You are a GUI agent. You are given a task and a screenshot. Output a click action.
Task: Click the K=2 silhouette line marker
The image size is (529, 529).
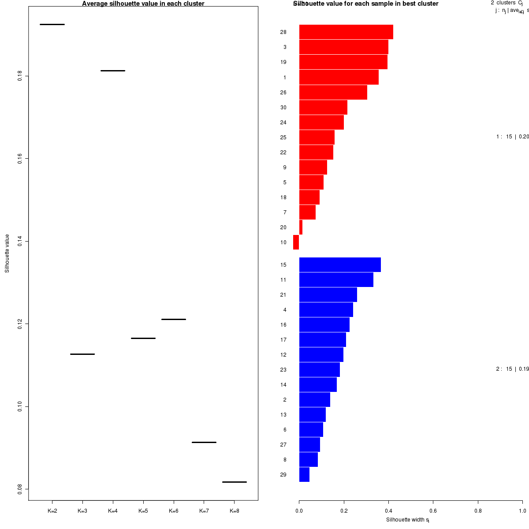(x=52, y=24)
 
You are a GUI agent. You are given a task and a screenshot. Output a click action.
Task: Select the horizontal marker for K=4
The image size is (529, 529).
(x=113, y=71)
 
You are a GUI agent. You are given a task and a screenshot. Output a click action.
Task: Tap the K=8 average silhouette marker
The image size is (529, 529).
(x=234, y=482)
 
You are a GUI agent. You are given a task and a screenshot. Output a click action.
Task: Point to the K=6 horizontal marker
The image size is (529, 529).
(x=174, y=319)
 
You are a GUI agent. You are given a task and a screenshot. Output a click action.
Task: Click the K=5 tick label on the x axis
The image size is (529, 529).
(x=143, y=511)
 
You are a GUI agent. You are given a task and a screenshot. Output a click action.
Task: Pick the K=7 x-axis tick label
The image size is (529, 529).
(x=204, y=511)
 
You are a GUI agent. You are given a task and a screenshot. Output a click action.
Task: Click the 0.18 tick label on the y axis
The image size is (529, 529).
(x=20, y=76)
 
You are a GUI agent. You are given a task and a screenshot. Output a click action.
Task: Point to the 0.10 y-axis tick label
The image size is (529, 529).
(x=20, y=406)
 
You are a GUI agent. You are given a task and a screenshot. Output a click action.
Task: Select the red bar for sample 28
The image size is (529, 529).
(x=346, y=32)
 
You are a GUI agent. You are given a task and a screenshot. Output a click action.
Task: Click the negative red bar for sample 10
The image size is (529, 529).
(x=296, y=242)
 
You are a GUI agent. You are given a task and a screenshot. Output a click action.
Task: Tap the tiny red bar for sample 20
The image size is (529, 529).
(x=301, y=227)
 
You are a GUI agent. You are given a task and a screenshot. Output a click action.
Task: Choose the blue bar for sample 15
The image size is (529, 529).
(x=340, y=265)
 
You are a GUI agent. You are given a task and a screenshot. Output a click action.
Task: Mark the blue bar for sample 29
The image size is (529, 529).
(x=304, y=475)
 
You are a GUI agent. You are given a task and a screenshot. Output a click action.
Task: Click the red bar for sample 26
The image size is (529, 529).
(x=333, y=93)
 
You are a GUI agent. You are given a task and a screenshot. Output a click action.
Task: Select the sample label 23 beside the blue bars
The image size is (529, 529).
(x=283, y=370)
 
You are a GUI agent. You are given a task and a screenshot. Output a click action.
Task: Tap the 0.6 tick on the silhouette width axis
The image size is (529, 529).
(x=433, y=511)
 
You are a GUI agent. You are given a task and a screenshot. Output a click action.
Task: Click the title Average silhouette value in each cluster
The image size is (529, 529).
(x=143, y=4)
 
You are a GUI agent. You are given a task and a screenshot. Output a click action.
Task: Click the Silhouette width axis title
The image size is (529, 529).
(x=407, y=520)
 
